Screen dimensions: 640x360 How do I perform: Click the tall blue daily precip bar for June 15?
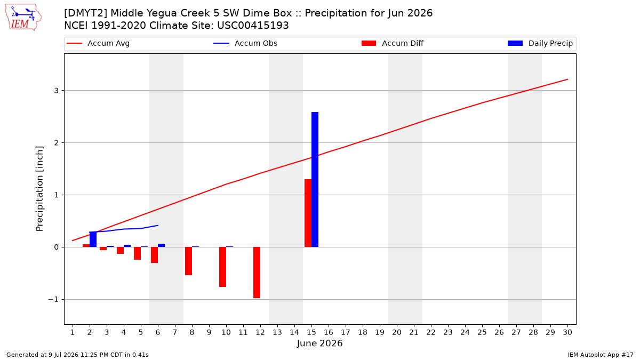pos(315,179)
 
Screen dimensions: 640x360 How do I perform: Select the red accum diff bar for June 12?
pos(257,273)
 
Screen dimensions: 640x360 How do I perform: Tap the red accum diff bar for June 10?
pos(222,267)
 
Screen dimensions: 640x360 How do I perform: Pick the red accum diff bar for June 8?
pos(189,261)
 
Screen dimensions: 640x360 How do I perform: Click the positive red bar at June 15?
pos(308,213)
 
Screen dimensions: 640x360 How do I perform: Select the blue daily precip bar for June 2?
pos(93,239)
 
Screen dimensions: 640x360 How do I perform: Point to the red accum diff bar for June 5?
pos(138,253)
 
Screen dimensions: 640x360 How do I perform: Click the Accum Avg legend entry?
pos(98,43)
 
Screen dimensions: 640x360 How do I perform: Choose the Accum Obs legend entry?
pos(245,43)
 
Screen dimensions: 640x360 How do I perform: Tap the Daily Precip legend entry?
pos(540,43)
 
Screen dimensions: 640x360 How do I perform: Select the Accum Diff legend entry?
pos(393,43)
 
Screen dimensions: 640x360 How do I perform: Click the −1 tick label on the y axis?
pos(53,299)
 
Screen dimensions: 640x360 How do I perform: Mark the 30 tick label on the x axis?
pos(567,332)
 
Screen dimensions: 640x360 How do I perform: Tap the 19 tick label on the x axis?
pos(380,332)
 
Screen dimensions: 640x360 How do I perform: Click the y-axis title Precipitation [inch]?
pos(39,189)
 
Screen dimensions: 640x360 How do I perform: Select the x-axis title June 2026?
pos(319,343)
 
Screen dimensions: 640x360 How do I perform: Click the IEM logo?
pos(23,18)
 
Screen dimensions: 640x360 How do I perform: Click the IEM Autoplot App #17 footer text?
pos(601,355)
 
